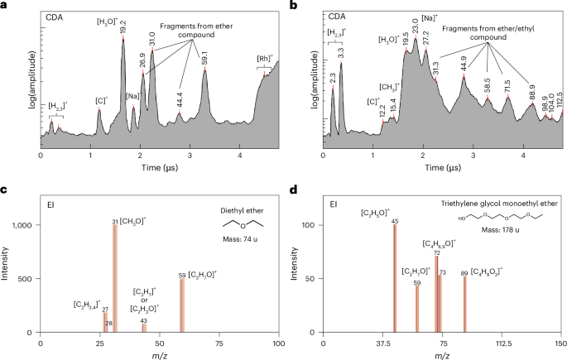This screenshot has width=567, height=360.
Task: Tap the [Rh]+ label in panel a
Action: pyautogui.click(x=269, y=60)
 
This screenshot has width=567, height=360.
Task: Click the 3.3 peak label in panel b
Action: pyautogui.click(x=341, y=51)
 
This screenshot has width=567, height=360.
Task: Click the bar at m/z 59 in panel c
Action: pyautogui.click(x=181, y=305)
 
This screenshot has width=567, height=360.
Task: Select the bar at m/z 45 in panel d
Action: pyautogui.click(x=395, y=278)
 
